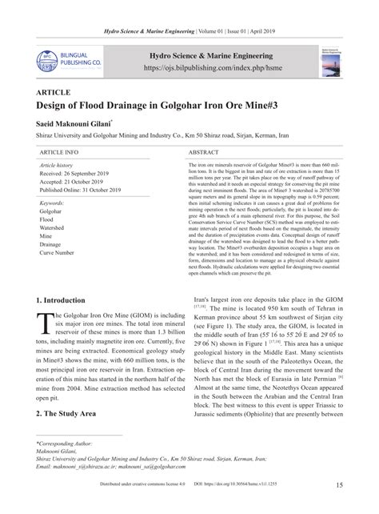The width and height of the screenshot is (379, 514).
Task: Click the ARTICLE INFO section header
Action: (x=59, y=151)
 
